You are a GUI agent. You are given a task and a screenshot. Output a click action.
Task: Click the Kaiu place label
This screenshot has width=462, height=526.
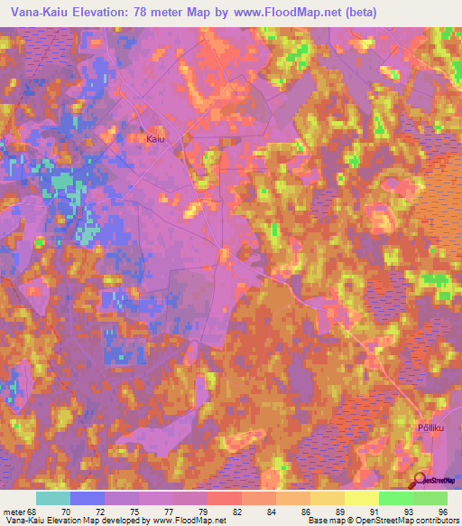155,139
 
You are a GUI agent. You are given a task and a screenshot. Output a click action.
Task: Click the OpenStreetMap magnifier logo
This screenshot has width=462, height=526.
420,482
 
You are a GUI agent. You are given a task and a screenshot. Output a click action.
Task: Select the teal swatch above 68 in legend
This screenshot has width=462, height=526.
53,497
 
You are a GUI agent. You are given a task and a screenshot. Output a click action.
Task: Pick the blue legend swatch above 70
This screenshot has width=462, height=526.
88,497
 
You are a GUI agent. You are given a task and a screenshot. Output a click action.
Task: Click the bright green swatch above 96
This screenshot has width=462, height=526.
430,497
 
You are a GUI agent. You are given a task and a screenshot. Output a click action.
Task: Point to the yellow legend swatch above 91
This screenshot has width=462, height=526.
361,497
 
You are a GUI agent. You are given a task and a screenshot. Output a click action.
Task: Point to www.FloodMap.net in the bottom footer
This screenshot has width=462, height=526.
186,521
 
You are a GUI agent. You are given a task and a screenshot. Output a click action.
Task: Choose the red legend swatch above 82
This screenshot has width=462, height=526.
224,497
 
